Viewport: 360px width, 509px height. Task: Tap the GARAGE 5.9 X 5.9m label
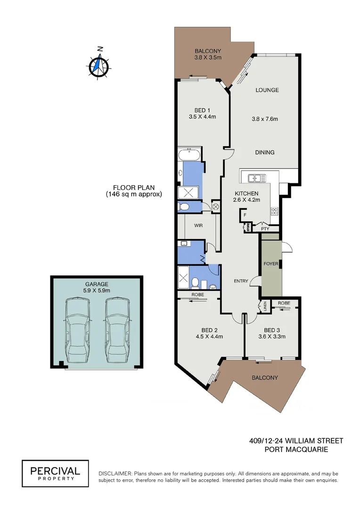click(x=97, y=287)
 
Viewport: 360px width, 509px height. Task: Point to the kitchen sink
click(x=255, y=178)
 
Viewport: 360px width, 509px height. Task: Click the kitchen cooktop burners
click(x=274, y=211)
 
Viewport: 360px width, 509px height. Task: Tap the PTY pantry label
click(x=265, y=229)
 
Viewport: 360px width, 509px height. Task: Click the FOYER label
click(x=270, y=263)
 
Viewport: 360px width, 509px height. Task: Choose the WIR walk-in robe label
click(x=198, y=226)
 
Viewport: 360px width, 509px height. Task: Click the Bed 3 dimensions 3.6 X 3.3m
click(x=275, y=337)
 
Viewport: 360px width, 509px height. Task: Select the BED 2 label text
click(x=209, y=330)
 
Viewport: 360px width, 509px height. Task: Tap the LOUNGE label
click(x=267, y=90)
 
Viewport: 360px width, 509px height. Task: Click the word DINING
click(x=264, y=152)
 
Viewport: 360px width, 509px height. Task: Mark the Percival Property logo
click(x=55, y=473)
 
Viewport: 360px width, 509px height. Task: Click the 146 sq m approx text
click(x=134, y=194)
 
